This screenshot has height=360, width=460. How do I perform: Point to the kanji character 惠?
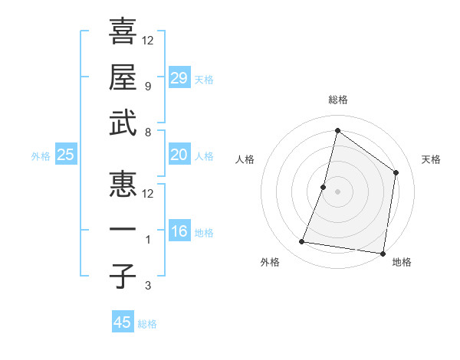point(123,184)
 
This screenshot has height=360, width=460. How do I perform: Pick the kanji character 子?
point(123,276)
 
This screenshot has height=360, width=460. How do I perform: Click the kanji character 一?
point(123,231)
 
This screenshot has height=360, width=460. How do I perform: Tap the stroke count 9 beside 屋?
point(148,87)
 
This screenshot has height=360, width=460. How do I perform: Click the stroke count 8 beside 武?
point(148,132)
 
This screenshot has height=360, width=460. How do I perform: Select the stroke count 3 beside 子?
point(148,286)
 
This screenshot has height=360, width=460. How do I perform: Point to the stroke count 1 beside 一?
point(148,240)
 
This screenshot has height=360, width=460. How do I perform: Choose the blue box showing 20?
point(179,155)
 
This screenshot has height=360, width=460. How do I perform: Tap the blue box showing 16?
point(179,231)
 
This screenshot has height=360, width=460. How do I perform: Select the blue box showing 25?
point(66,155)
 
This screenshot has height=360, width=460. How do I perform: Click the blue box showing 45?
point(123,322)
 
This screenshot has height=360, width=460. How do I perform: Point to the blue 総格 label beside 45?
point(147,324)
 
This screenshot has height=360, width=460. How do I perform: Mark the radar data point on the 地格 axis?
point(383,253)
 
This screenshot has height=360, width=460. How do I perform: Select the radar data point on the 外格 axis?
point(302,242)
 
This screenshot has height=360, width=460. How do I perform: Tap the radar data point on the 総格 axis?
point(337,131)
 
